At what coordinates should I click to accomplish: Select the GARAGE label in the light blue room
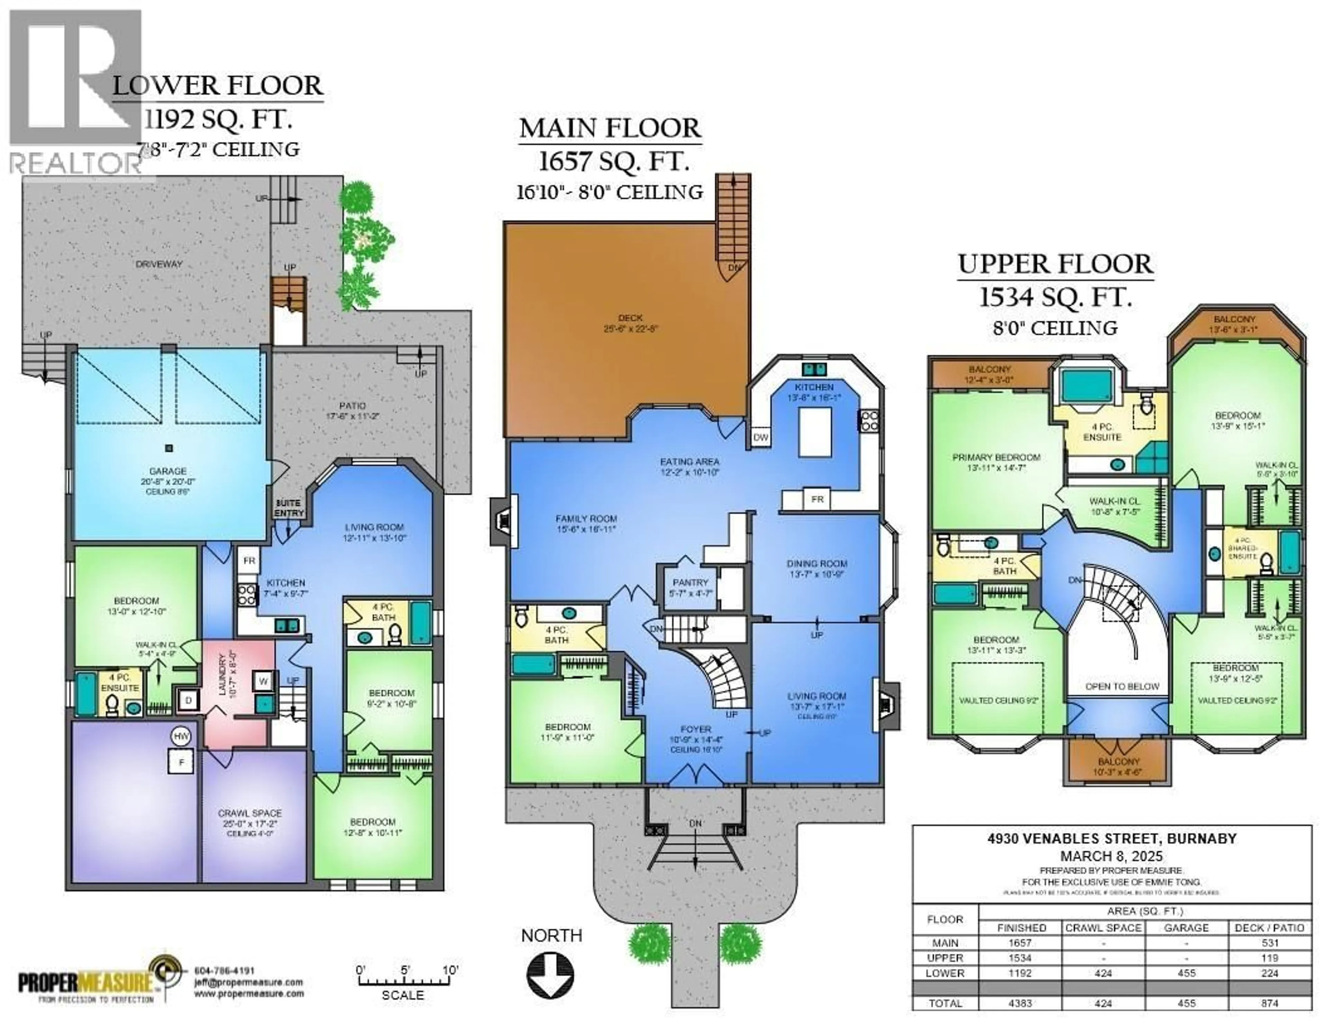168,471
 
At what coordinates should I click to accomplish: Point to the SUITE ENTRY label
288,508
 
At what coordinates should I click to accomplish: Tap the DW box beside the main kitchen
761,437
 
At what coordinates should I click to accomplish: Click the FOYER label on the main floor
696,729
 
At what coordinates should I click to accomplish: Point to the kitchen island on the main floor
815,432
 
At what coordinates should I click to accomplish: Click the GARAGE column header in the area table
1186,928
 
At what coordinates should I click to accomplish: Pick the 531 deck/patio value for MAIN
1270,943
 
